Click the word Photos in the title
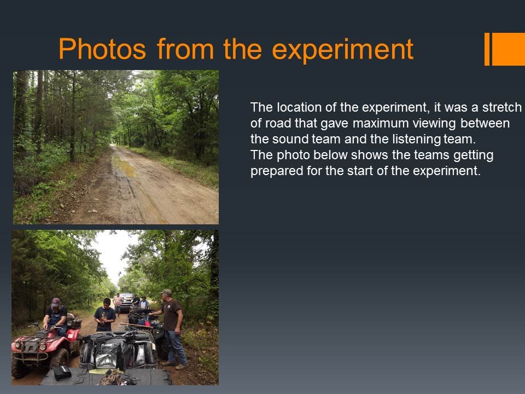click(x=102, y=49)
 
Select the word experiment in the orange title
click(x=343, y=50)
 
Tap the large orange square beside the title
click(x=508, y=49)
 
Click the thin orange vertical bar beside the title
click(x=487, y=49)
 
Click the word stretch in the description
click(x=501, y=107)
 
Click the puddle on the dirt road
click(x=125, y=166)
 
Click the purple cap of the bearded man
click(x=56, y=302)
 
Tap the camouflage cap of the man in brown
click(x=166, y=292)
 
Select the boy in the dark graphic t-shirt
click(x=105, y=315)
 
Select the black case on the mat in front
click(x=62, y=373)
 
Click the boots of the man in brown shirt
click(x=175, y=365)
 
